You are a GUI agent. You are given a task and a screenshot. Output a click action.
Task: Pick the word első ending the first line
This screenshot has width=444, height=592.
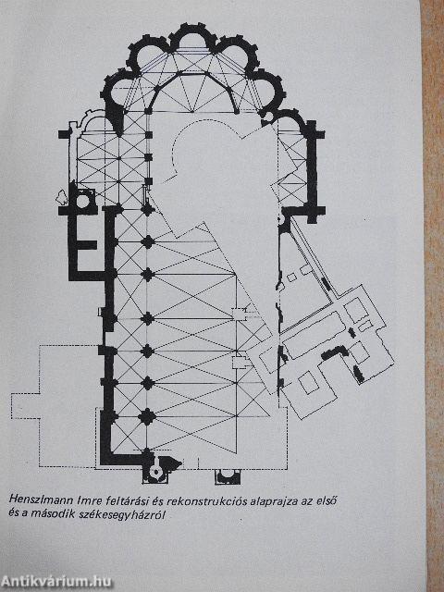325,501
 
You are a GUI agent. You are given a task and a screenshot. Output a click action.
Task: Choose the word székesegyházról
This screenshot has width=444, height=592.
123,514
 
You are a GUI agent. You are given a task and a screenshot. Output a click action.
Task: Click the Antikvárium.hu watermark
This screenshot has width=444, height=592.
55,582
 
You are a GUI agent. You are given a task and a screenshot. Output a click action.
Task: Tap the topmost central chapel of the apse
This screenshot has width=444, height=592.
192,35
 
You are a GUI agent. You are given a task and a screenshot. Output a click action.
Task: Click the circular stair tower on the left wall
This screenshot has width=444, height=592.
83,201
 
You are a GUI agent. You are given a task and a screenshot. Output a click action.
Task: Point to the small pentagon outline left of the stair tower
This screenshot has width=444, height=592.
62,197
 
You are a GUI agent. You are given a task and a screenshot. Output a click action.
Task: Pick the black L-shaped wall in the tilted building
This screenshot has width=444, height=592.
335,351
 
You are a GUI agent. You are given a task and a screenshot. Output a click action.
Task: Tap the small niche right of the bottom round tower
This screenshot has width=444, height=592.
228,477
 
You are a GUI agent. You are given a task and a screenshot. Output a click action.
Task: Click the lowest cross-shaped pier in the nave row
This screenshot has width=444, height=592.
147,416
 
